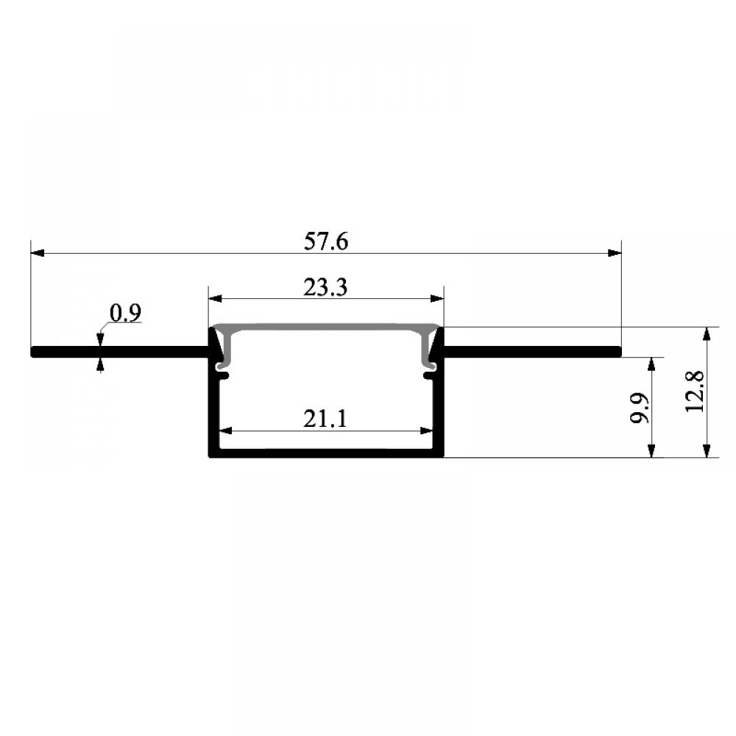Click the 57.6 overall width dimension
tap(326, 241)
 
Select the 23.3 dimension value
tap(325, 287)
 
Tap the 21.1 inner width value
tap(325, 419)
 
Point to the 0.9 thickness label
tap(125, 313)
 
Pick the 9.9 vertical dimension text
tap(640, 408)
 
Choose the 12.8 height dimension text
tap(695, 392)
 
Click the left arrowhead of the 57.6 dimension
tap(38, 253)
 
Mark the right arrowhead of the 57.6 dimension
tap(615, 253)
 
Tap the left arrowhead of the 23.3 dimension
tap(216, 298)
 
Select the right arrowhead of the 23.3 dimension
tap(437, 298)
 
